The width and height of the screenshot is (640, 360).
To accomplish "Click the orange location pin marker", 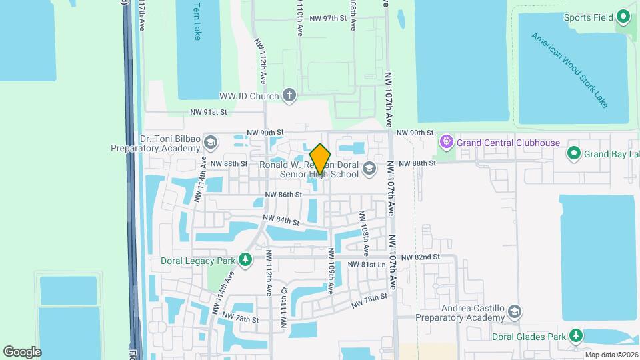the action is point(321,159).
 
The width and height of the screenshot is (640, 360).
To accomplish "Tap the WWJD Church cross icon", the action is point(289,96).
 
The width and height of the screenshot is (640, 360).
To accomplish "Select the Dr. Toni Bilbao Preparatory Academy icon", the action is point(211,143).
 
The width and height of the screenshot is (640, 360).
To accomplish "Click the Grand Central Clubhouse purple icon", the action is point(446,142).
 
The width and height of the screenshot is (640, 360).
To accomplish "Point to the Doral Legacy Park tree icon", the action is point(245,259).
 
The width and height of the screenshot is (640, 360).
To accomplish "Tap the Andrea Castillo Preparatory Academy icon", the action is point(515,312).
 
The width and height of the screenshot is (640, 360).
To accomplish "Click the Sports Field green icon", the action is point(624,16).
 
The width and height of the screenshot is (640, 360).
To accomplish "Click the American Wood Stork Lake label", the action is point(570,69).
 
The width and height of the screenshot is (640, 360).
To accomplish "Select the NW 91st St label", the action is point(209,112).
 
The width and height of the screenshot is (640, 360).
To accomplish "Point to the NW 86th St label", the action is point(283,195).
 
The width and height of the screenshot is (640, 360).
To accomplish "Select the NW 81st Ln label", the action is point(367,265).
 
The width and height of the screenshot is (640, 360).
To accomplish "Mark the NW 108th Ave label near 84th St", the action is point(364,233).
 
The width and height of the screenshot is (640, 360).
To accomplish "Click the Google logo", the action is point(22,351).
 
